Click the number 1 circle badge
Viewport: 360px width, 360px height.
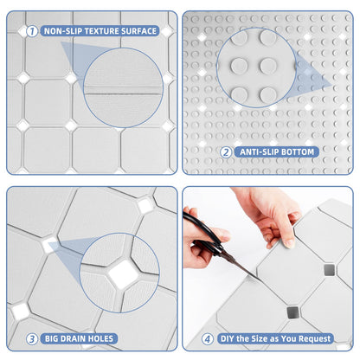[x=32, y=30]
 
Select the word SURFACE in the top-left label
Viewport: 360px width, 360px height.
[x=140, y=30]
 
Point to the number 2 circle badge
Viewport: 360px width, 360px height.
[x=226, y=152]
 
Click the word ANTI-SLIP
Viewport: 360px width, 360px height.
[x=260, y=152]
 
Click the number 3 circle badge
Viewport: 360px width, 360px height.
[x=31, y=338]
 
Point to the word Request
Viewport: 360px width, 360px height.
[x=324, y=338]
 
